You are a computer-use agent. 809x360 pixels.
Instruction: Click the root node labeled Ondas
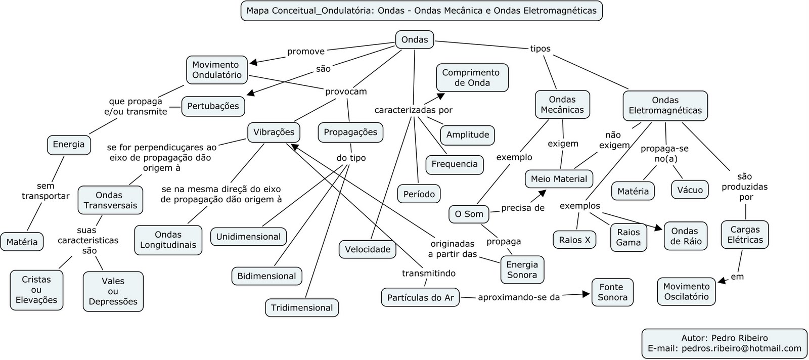click(414, 40)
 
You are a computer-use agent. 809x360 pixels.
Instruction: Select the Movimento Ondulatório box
click(216, 70)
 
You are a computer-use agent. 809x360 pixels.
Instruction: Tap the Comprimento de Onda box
click(470, 78)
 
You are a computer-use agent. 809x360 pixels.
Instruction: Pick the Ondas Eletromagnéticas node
click(665, 105)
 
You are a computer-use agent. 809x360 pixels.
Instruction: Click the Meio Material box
click(559, 179)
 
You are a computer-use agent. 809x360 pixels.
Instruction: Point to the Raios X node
click(574, 240)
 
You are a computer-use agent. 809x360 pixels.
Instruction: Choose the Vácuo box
click(690, 190)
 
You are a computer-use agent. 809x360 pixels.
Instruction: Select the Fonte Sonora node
click(612, 292)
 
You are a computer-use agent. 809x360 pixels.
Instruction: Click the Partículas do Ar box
click(420, 298)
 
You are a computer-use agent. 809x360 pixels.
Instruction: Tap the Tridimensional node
click(302, 308)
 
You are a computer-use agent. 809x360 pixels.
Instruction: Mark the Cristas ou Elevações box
click(36, 290)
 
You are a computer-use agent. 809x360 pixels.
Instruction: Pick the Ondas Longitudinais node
click(168, 240)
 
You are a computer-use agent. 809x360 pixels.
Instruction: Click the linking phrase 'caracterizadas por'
click(413, 110)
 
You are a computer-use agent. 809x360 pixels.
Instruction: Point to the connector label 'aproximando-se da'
click(519, 297)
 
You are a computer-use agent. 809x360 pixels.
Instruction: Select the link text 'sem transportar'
click(46, 191)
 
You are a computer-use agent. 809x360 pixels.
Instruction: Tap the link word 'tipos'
click(540, 49)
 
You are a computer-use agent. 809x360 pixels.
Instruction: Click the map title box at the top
click(421, 11)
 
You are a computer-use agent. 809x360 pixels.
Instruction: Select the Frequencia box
click(455, 164)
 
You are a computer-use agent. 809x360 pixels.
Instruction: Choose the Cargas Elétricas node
click(745, 235)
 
